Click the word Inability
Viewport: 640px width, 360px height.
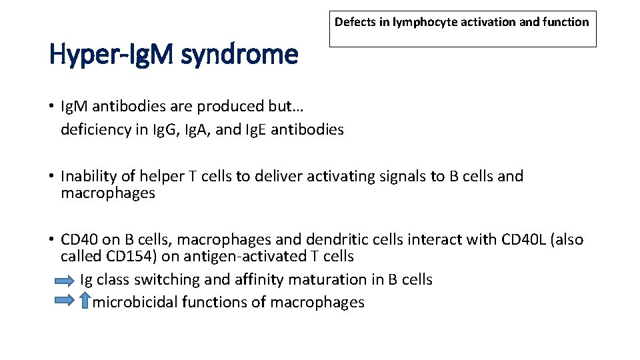point(88,176)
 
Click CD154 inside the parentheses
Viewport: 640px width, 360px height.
point(129,256)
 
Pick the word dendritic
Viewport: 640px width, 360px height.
point(333,239)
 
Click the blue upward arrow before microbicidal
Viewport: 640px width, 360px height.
point(84,301)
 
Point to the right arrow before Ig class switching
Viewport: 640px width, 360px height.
point(65,280)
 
